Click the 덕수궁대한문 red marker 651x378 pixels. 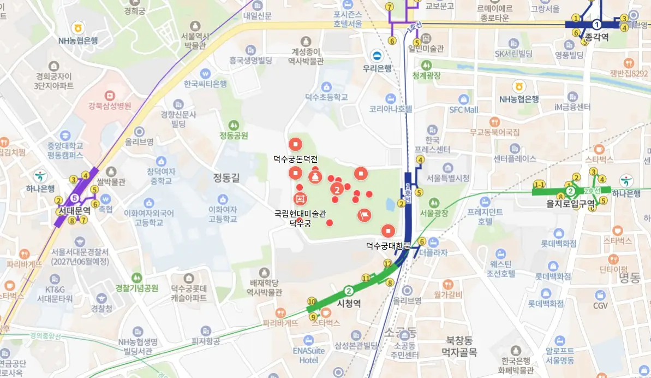388,231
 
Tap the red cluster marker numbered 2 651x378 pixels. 337,190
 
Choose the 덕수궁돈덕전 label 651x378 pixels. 295,158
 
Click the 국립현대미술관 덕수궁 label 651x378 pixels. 300,218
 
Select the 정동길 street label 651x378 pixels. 226,177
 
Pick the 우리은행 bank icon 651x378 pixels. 377,56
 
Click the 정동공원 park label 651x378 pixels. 234,135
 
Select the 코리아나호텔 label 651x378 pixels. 390,109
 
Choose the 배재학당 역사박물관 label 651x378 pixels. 265,287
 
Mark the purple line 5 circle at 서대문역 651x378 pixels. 75,198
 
